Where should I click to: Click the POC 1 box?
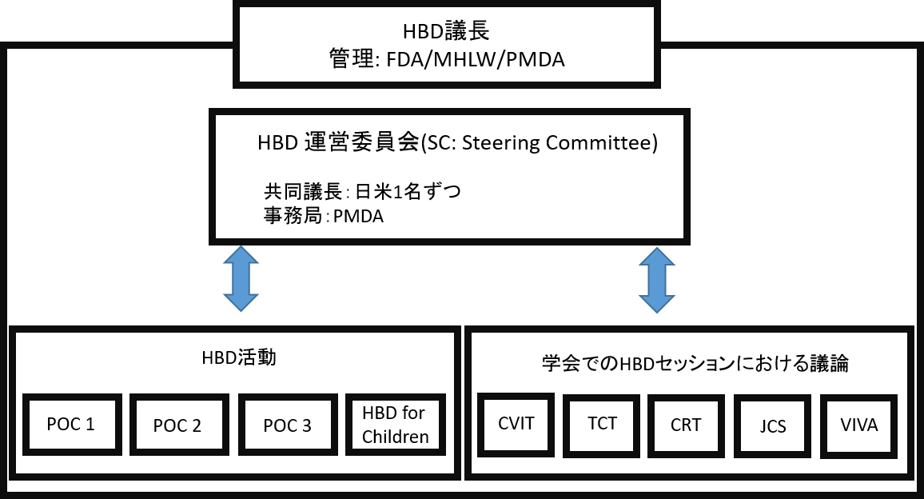click(71, 425)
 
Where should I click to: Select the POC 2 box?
click(177, 425)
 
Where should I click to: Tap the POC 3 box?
click(287, 425)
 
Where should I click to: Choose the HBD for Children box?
click(395, 425)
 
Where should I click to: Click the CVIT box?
click(516, 424)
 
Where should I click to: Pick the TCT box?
click(601, 423)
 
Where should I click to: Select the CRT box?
click(685, 425)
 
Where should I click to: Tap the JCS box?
click(771, 425)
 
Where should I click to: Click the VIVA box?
click(859, 425)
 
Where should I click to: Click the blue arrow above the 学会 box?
click(655, 279)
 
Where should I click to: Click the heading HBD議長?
click(446, 32)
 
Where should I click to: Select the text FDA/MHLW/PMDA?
click(475, 59)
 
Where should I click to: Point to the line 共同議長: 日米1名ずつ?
click(362, 193)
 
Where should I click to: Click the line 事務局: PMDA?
click(323, 215)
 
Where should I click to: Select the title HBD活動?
click(238, 358)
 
